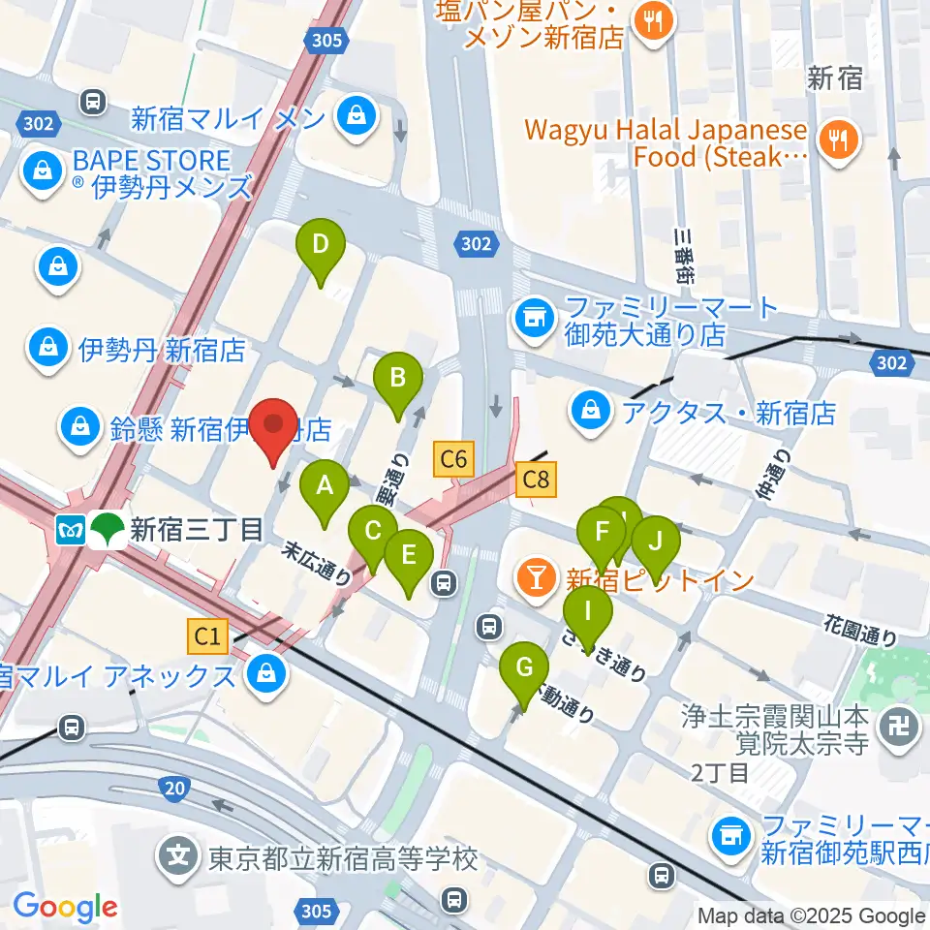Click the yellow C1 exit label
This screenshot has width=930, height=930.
point(208,635)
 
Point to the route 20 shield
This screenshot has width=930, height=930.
point(174,790)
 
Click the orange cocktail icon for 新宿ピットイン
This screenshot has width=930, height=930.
point(534,578)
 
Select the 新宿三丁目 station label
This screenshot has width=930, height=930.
point(196,530)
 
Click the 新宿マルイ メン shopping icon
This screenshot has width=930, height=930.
point(357,118)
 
